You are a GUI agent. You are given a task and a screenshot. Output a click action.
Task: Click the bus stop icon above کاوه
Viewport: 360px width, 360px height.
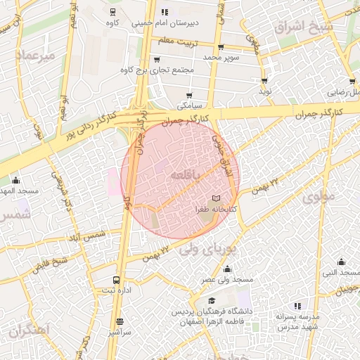(113, 12)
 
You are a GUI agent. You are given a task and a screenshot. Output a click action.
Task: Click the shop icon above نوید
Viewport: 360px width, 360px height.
(265, 82)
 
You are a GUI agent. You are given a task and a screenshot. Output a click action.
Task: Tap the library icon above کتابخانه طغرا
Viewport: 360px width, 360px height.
(216, 199)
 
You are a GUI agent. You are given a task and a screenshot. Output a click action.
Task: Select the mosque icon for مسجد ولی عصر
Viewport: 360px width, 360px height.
(227, 269)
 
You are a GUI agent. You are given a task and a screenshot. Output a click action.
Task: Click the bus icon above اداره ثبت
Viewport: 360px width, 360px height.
(117, 280)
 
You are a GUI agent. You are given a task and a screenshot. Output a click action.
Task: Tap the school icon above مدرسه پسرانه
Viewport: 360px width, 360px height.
(297, 305)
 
